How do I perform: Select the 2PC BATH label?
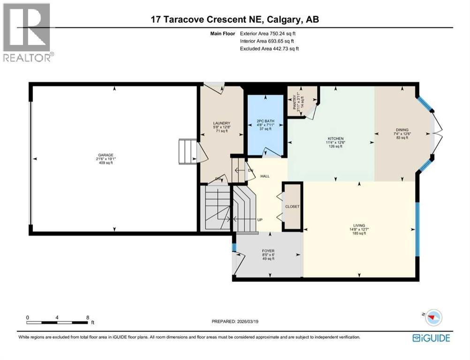(265, 121)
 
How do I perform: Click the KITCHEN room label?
(335, 139)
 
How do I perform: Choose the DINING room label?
(402, 130)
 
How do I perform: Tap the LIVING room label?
(359, 225)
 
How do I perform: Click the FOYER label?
(268, 251)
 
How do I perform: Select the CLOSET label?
(292, 206)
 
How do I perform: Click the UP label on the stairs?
(259, 220)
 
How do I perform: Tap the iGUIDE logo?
(431, 337)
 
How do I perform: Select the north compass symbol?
(434, 317)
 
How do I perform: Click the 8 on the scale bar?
(88, 317)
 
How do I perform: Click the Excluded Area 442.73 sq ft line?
(269, 48)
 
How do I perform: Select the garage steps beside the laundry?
(187, 151)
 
